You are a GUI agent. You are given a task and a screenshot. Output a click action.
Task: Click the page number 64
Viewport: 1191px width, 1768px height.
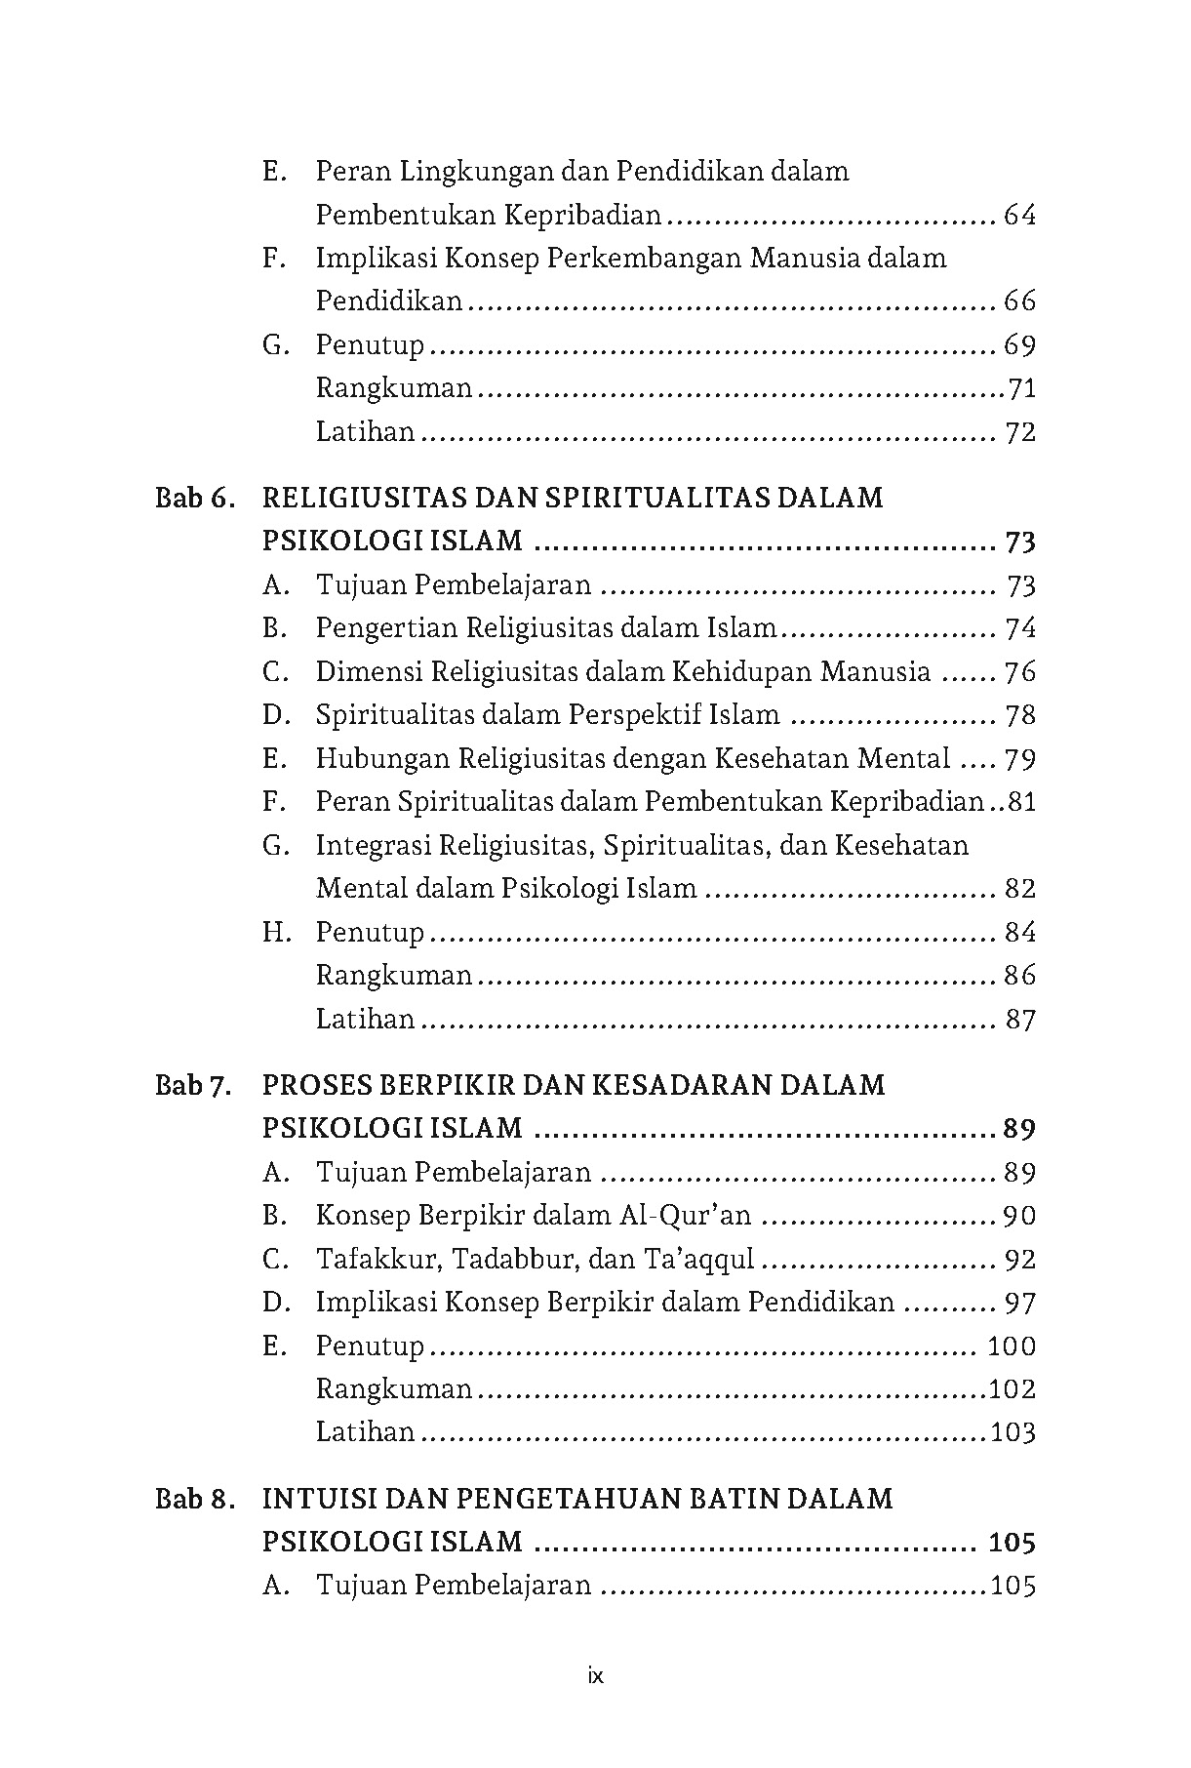pyautogui.click(x=1019, y=216)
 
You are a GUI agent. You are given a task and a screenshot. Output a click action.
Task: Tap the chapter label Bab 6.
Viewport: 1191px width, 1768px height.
pyautogui.click(x=195, y=499)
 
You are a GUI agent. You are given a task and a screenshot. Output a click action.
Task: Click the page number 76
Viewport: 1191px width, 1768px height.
pyautogui.click(x=1019, y=672)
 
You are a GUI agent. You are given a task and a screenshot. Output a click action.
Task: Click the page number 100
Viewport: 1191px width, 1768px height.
pyautogui.click(x=1012, y=1347)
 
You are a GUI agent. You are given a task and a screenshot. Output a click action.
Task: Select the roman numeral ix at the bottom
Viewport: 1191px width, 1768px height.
pyautogui.click(x=596, y=1677)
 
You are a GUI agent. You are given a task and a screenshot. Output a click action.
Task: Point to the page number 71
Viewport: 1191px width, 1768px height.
pyautogui.click(x=1021, y=389)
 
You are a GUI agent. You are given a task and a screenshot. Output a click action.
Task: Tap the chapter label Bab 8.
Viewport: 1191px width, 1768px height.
pyautogui.click(x=195, y=1499)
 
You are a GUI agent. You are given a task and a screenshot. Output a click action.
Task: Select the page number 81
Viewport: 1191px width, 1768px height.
pyautogui.click(x=1021, y=802)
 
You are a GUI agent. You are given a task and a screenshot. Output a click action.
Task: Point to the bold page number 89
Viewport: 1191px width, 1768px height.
pyautogui.click(x=1018, y=1130)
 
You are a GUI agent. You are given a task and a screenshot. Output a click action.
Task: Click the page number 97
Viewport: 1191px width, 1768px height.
pyautogui.click(x=1019, y=1304)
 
